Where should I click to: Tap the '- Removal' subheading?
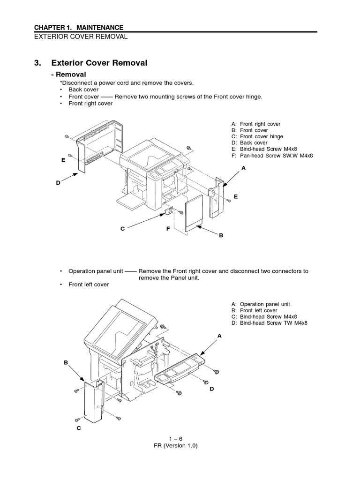tap(68, 75)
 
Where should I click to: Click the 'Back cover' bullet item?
tap(83, 90)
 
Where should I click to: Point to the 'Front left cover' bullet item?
tap(89, 285)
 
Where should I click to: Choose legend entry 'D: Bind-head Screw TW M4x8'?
tap(270, 323)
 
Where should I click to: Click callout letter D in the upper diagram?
tap(58, 183)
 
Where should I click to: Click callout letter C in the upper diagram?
tap(122, 229)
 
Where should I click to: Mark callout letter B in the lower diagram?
tap(66, 363)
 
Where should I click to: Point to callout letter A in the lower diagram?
tap(219, 336)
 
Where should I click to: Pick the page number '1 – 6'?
tap(180, 439)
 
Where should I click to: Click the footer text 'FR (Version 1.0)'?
tap(180, 446)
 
